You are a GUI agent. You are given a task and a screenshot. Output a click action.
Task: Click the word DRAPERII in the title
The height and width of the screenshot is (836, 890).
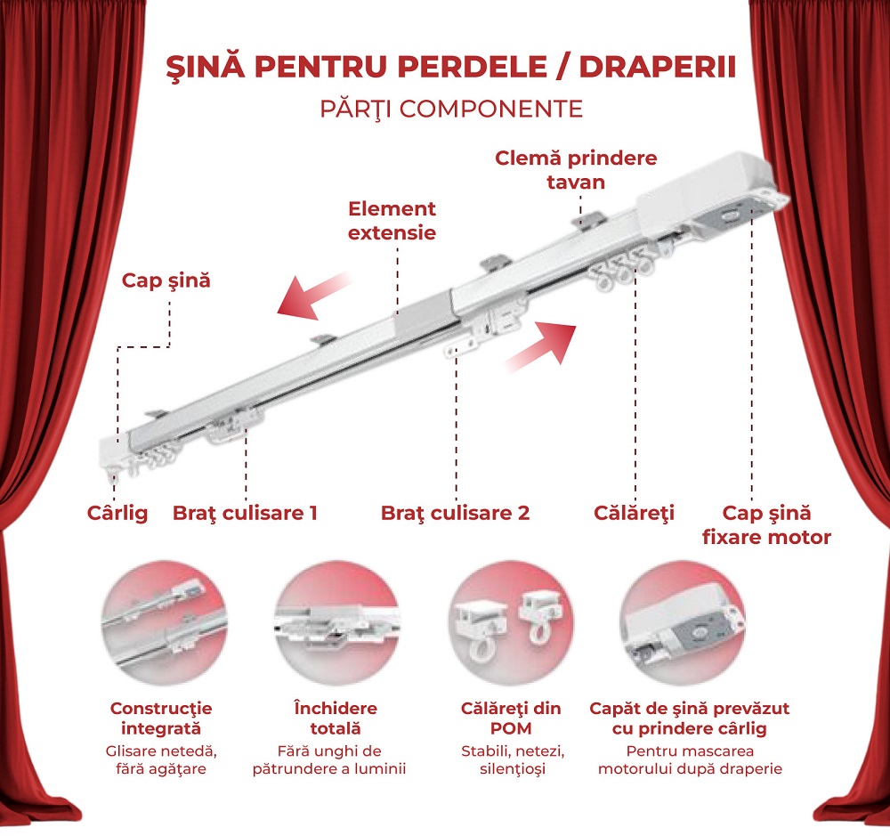tap(658, 67)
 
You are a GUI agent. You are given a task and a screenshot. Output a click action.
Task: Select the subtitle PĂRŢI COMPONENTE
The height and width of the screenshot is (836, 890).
tap(452, 109)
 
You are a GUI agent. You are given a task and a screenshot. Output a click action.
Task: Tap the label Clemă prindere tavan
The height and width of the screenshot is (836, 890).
tap(576, 170)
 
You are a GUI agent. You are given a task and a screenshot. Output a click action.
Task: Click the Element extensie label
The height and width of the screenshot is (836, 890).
tap(392, 221)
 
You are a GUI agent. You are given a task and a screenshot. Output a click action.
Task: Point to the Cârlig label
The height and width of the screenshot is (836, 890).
tap(117, 514)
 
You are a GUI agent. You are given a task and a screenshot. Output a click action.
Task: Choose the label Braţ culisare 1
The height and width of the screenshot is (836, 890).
tap(245, 514)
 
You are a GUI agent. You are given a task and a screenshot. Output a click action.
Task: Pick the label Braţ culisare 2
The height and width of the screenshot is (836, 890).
tap(455, 514)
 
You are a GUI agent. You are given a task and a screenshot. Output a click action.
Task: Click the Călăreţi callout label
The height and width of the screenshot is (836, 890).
tap(634, 514)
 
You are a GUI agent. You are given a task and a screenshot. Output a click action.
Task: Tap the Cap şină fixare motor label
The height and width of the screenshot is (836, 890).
tap(766, 524)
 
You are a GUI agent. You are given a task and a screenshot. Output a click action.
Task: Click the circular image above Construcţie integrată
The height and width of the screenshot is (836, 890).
tap(165, 623)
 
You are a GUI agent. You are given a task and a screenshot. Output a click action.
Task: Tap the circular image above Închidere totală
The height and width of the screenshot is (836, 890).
tap(337, 623)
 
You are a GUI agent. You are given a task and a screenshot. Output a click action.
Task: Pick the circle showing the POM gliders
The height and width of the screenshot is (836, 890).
tap(510, 623)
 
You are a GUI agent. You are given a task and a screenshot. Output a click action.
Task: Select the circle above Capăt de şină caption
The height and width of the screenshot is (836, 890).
tap(684, 623)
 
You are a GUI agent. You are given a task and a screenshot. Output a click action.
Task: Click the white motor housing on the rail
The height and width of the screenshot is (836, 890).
tap(704, 190)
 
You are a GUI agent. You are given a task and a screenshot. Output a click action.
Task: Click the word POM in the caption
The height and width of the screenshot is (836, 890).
tap(511, 728)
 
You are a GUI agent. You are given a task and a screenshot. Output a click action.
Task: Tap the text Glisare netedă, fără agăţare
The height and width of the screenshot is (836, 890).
tap(161, 760)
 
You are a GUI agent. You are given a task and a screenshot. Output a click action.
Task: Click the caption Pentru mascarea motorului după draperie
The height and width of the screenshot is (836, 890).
tap(690, 760)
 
